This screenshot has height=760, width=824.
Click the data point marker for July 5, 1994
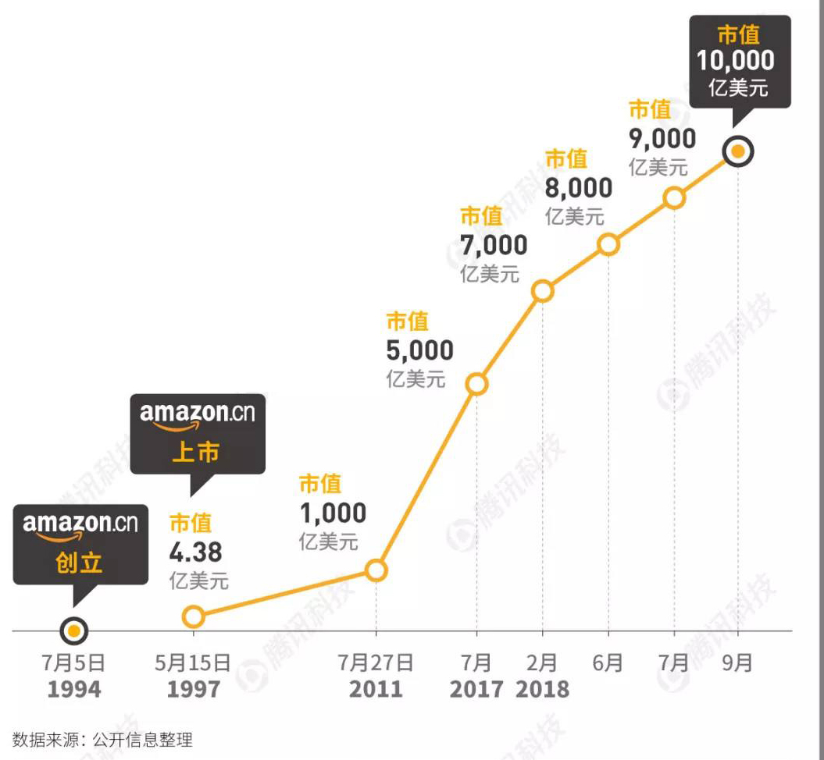pyautogui.click(x=73, y=630)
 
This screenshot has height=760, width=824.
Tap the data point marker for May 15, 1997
pyautogui.click(x=193, y=616)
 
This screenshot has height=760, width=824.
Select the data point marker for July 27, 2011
pyautogui.click(x=376, y=570)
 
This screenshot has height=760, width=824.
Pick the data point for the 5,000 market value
pyautogui.click(x=476, y=384)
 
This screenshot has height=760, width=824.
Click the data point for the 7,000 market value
pyautogui.click(x=543, y=291)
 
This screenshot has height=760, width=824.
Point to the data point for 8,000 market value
pyautogui.click(x=608, y=245)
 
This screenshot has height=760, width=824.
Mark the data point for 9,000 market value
pyautogui.click(x=675, y=198)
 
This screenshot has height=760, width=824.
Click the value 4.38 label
pyautogui.click(x=195, y=552)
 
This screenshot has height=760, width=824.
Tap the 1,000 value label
pyautogui.click(x=333, y=513)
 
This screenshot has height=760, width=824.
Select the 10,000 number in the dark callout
pyautogui.click(x=736, y=61)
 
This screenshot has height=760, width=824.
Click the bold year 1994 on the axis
pyautogui.click(x=73, y=690)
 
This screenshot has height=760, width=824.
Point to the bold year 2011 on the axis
pyautogui.click(x=376, y=690)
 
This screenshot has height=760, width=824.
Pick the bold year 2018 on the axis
pyautogui.click(x=542, y=690)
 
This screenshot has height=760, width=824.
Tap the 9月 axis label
pyautogui.click(x=737, y=663)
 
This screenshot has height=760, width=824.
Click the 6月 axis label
pyautogui.click(x=608, y=663)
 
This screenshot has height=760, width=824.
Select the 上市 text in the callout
pyautogui.click(x=195, y=451)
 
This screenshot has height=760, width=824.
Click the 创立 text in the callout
pyautogui.click(x=79, y=562)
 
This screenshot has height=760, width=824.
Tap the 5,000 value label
pyautogui.click(x=419, y=350)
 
